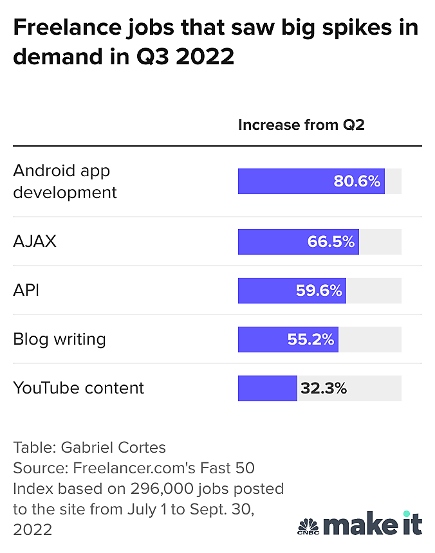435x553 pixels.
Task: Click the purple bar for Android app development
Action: [x=283, y=181]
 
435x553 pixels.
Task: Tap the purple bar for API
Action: [x=264, y=291]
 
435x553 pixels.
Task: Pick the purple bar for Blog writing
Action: [x=261, y=340]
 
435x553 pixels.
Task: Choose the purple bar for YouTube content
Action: [x=267, y=388]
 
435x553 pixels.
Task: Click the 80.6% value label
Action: [x=357, y=181]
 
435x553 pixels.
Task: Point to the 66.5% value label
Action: [x=331, y=242]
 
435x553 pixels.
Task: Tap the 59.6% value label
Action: [x=319, y=291]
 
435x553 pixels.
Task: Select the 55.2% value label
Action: [x=311, y=340]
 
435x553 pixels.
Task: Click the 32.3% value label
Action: [x=324, y=388]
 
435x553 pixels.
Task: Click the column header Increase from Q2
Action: [x=301, y=125]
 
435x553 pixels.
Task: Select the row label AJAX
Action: [x=35, y=242]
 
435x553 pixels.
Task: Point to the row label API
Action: [x=26, y=291]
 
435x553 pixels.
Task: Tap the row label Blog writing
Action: [x=59, y=340]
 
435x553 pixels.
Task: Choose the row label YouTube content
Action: [x=79, y=388]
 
